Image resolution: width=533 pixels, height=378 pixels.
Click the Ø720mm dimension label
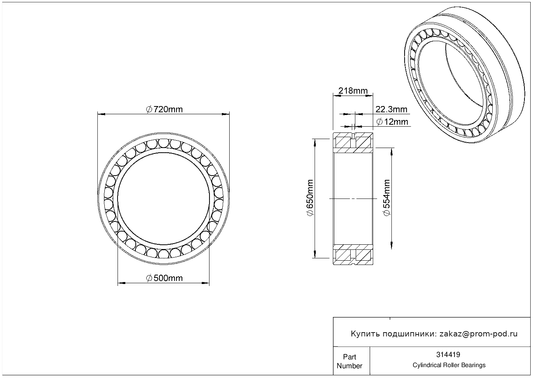pos(164,110)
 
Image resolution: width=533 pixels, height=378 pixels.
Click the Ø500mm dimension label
pos(164,278)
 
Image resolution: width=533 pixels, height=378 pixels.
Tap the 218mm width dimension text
pos(353,91)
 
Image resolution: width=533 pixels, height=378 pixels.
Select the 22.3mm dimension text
pos(391,110)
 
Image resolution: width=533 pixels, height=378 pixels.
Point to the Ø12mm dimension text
pos(392,122)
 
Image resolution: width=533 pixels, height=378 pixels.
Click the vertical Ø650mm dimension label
pos(310,198)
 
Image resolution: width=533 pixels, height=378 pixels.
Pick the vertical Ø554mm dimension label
pos(387,198)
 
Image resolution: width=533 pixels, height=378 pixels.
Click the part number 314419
pos(448,355)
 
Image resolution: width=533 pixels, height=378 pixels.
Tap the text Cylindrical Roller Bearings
pos(449,365)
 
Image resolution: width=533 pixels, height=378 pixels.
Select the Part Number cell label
pos(349,361)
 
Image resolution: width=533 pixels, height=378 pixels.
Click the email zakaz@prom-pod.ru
pos(478,334)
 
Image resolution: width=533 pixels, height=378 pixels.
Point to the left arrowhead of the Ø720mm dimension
pos(101,114)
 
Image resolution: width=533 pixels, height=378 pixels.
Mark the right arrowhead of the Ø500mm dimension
pos(206,283)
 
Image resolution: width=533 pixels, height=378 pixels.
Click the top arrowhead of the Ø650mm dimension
pos(315,143)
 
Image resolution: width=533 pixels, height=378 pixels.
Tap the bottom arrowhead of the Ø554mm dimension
pos(391,246)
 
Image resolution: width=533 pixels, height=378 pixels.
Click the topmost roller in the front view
pos(164,143)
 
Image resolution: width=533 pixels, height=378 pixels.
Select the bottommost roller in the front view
pos(163,254)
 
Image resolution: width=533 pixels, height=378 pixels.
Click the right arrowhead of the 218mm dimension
pos(369,96)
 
